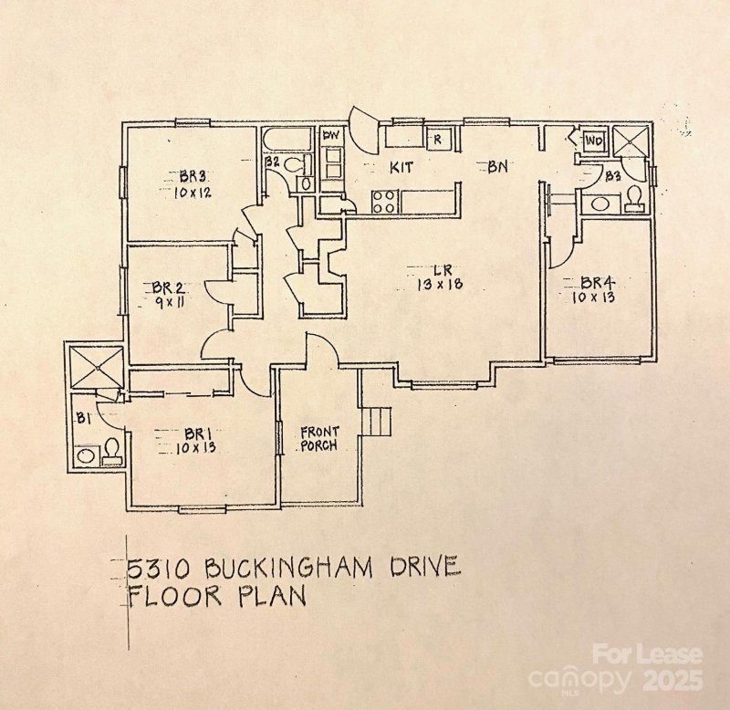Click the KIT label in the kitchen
(x=403, y=168)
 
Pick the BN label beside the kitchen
(x=496, y=167)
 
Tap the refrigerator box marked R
(x=437, y=140)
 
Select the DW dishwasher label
(x=329, y=136)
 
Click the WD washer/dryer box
(x=593, y=141)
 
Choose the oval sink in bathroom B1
(x=87, y=454)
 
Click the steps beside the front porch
(x=376, y=422)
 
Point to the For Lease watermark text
(x=647, y=654)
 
